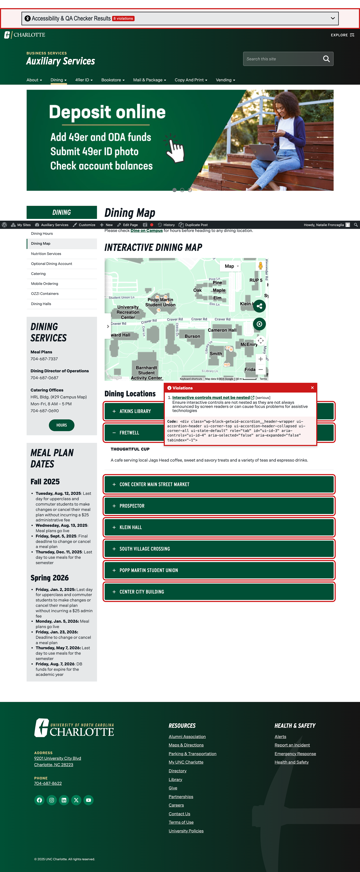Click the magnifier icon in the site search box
[x=326, y=59]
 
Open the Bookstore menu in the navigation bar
[x=113, y=80]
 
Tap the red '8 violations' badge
[x=123, y=19]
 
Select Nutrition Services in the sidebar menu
[x=46, y=254]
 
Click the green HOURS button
[x=62, y=425]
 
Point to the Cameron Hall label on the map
[x=222, y=330]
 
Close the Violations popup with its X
[x=312, y=388]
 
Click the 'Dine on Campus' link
[x=147, y=231]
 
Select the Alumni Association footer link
[x=187, y=737]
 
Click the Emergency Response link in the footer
[x=295, y=754]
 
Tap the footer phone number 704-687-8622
[x=48, y=783]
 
